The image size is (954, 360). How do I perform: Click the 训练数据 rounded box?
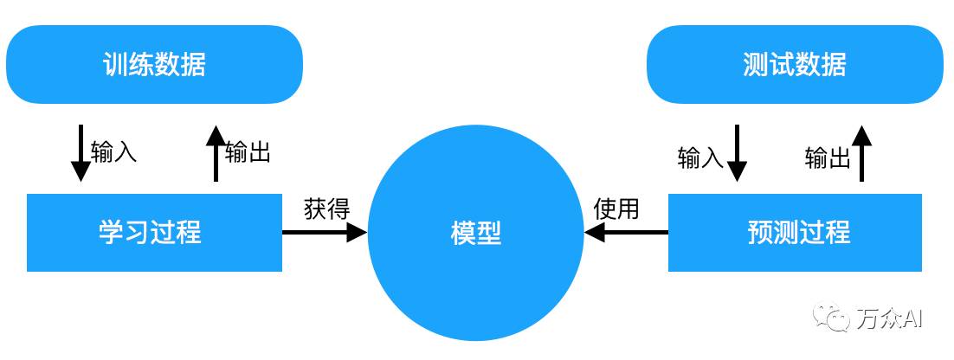154,64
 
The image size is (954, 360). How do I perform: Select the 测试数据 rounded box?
796,64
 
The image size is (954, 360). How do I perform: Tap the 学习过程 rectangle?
154,232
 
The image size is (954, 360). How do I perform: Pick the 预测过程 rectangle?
795,232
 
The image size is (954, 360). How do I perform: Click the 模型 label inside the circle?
475,233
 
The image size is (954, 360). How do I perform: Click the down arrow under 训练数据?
81,153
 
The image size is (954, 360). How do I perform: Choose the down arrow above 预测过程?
736,153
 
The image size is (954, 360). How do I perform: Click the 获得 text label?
326,209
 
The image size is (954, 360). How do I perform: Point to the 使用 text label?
616,209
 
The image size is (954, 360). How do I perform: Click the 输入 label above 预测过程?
700,157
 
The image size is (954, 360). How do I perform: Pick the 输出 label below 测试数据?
828,157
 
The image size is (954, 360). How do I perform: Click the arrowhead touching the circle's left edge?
357,232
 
